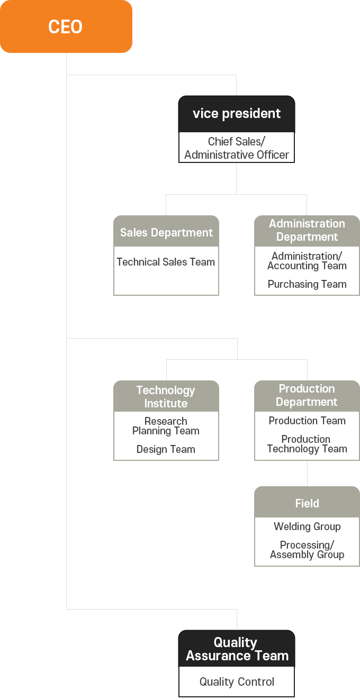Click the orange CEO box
[x=66, y=26]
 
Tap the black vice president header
[x=237, y=114]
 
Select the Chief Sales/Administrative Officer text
[x=237, y=148]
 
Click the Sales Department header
[x=166, y=231]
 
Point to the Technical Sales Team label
[x=166, y=262]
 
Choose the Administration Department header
[x=307, y=231]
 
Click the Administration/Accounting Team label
[x=307, y=261]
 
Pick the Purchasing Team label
[x=307, y=284]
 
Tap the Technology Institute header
[x=166, y=396]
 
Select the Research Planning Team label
[x=166, y=426]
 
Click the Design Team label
[x=166, y=449]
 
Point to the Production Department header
[x=307, y=396]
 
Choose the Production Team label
[x=307, y=421]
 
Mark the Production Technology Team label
[x=307, y=444]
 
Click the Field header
[x=307, y=502]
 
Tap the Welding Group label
[x=307, y=526]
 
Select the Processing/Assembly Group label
[x=307, y=550]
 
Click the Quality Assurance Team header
[x=237, y=649]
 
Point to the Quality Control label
[x=237, y=681]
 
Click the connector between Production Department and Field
[x=307, y=474]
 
